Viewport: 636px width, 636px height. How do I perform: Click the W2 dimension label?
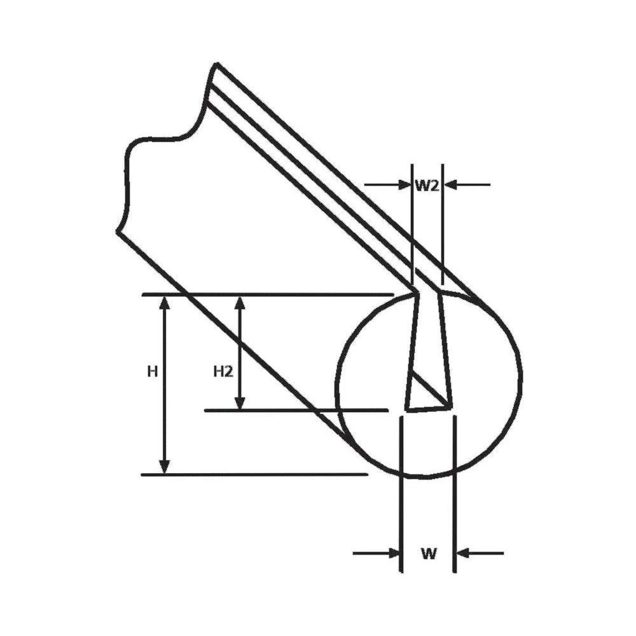tap(427, 185)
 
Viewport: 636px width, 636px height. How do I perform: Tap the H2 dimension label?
tap(222, 371)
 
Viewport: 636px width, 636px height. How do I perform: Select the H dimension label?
tap(152, 371)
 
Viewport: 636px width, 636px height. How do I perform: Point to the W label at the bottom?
tap(429, 553)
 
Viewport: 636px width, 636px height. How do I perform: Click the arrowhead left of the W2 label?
tap(404, 185)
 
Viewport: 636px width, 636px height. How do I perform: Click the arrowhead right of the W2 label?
tap(450, 185)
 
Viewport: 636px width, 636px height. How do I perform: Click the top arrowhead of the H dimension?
tap(165, 303)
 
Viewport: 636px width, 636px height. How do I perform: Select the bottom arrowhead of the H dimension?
tap(165, 466)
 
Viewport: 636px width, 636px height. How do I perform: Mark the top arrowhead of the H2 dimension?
tap(240, 303)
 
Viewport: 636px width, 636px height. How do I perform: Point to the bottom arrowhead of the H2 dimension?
tap(240, 402)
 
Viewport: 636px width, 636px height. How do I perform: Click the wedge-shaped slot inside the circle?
tap(427, 356)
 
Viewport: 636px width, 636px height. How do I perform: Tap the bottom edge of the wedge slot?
tap(429, 408)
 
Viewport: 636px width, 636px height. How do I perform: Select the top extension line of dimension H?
tap(267, 294)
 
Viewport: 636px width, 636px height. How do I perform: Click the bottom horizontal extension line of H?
tap(254, 474)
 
